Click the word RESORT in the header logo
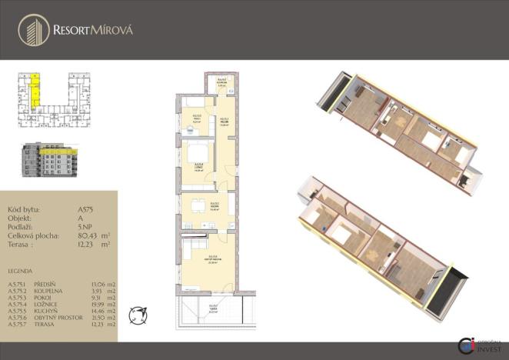71,31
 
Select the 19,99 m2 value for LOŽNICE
102,304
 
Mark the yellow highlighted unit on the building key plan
35,91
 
